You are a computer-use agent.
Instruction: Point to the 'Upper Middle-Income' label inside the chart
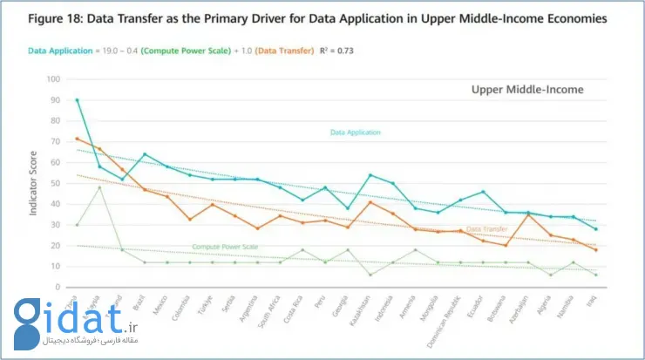click(x=527, y=90)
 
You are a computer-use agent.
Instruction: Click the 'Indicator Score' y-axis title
click(x=34, y=185)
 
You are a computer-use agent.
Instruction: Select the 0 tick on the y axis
click(x=58, y=287)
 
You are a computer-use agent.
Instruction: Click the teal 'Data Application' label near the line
click(x=356, y=132)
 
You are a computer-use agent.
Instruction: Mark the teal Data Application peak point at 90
click(x=77, y=100)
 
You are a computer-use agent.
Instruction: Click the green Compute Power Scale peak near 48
click(x=99, y=187)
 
